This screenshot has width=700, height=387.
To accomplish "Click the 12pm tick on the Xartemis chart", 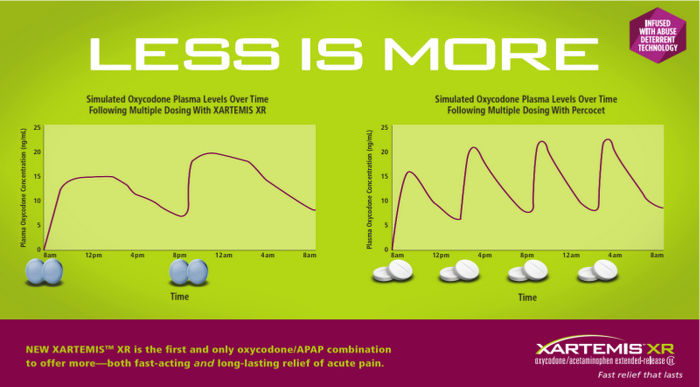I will [93, 256].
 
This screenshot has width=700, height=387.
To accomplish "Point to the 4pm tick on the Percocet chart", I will [484, 256].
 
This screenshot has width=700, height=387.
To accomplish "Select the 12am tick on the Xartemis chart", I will [224, 256].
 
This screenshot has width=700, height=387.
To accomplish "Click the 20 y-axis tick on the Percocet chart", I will [385, 152].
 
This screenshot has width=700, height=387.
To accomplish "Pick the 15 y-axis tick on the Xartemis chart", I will [37, 176].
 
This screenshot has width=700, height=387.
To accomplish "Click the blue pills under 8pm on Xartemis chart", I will [188, 272].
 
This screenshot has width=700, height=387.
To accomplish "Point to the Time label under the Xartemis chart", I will [179, 297].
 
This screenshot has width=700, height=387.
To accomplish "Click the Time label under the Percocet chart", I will [527, 297].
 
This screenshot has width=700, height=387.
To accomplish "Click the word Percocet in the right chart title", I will [588, 110].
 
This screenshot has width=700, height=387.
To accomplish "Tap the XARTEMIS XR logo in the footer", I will [605, 348].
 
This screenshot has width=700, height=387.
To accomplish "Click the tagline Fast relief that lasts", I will [640, 375].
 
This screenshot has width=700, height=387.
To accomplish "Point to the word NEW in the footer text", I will [36, 350].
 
